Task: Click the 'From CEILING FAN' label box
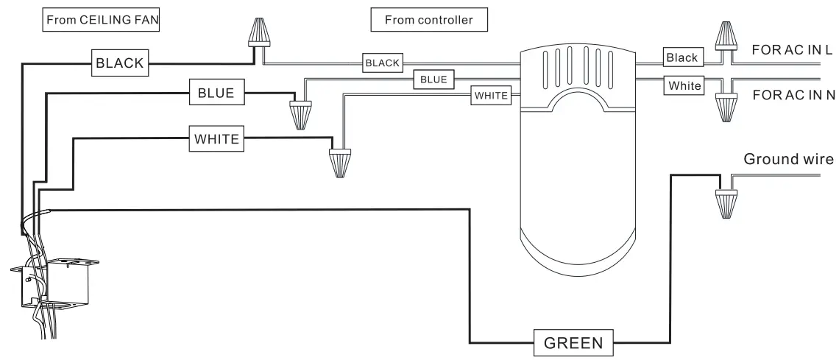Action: tap(101, 21)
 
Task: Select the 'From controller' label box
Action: tap(429, 20)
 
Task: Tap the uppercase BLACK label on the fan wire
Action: tap(120, 63)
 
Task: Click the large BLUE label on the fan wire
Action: tap(216, 93)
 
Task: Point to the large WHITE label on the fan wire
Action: tap(216, 138)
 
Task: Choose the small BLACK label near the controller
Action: tap(383, 63)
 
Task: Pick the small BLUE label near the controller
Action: tap(434, 80)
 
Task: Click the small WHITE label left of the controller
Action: tap(491, 96)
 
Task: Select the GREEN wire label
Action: tap(573, 343)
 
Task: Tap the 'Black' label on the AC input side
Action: tap(682, 57)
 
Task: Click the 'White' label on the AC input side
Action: tap(684, 85)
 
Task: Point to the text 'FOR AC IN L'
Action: tap(792, 50)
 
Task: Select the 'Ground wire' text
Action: tap(789, 159)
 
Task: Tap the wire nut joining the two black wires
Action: tap(258, 32)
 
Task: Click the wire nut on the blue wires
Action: tap(300, 115)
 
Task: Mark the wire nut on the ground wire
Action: tap(726, 204)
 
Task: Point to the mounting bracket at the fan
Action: tap(54, 283)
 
